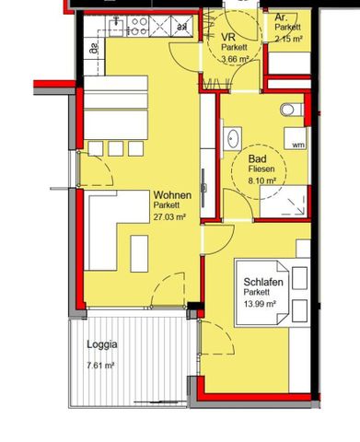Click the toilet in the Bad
[x=290, y=110]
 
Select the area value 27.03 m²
[x=170, y=217]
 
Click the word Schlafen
[x=262, y=282]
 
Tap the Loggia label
[x=101, y=346]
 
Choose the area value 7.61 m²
[x=100, y=366]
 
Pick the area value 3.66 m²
[x=237, y=59]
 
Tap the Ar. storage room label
[x=281, y=17]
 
